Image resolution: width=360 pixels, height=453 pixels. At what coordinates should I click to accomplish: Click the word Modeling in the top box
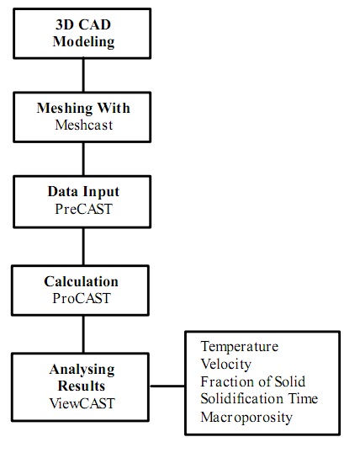pos(84,42)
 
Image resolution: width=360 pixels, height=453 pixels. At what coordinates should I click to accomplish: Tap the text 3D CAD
pos(83,24)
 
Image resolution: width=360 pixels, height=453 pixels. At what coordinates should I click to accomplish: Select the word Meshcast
pos(84,125)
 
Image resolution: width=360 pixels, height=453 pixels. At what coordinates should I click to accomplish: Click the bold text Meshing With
pos(83,109)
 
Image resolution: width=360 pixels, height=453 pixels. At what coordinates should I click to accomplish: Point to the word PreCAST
pos(83,209)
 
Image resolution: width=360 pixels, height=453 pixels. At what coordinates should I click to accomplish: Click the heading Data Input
pos(83,192)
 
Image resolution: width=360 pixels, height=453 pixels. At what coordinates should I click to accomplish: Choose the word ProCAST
pos(82,298)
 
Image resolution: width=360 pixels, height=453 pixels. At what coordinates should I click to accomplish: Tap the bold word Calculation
pos(81,282)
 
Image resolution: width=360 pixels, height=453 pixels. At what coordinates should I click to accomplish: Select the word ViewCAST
pos(82,403)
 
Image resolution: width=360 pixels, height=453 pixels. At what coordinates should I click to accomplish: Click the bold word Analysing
pos(82,370)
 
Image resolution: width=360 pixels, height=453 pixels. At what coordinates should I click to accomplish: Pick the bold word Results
pos(82,386)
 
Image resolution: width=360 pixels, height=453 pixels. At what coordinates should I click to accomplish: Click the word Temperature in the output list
pos(240,347)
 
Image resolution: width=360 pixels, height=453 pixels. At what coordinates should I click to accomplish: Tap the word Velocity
pos(225,365)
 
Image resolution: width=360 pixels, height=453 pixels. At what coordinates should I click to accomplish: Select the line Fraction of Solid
pos(252,381)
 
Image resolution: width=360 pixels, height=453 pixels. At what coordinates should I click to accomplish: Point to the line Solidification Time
pos(259,399)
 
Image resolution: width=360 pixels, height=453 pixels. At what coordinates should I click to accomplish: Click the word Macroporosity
pos(246,418)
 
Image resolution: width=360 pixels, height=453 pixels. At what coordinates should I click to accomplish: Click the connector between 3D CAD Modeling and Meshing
pos(83,75)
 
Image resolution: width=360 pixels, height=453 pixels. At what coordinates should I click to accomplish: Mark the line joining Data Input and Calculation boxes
pos(83,247)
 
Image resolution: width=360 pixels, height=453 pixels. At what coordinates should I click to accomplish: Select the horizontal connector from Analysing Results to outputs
pos(167,386)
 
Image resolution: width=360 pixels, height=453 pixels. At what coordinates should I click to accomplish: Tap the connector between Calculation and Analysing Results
pos(83,334)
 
